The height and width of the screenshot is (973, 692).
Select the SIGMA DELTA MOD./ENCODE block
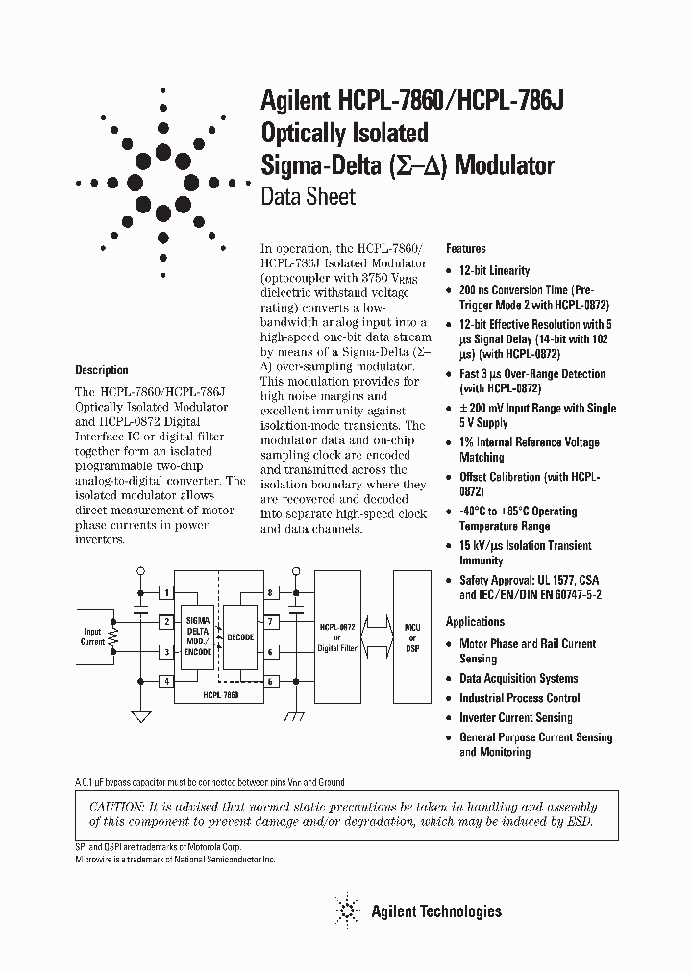tap(198, 635)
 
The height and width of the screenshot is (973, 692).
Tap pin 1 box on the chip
tap(166, 592)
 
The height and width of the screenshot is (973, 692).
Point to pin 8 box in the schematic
tap(272, 592)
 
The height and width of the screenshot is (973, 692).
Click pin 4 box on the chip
tap(166, 681)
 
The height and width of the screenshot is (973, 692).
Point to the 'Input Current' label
tap(92, 636)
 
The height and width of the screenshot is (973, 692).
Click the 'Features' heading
tap(466, 248)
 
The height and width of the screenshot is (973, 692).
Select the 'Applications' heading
tap(475, 622)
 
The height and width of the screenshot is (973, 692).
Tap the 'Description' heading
tap(101, 370)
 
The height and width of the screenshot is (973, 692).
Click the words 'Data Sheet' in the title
tap(309, 197)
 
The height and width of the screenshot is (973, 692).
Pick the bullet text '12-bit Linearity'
tap(494, 271)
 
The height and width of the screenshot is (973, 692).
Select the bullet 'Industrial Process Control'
tap(519, 698)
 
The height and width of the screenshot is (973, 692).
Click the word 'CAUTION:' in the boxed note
tap(116, 807)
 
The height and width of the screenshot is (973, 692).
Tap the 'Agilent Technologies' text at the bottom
tap(436, 911)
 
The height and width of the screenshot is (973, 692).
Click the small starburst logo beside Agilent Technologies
tap(345, 910)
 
